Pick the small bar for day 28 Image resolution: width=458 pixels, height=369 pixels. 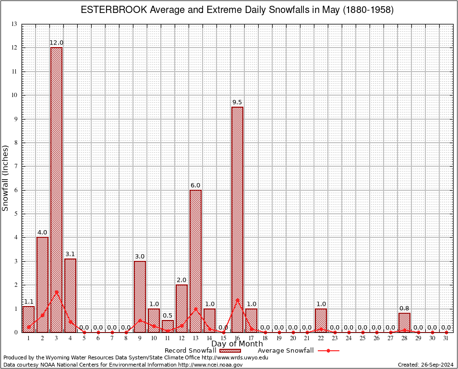click(404, 323)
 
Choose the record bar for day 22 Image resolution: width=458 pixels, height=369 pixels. click(321, 320)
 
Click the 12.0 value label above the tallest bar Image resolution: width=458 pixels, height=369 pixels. click(56, 43)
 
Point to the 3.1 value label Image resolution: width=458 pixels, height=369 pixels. click(70, 254)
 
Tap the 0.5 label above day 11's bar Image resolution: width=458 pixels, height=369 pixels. click(168, 316)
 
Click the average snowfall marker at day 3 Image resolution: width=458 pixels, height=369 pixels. click(56, 292)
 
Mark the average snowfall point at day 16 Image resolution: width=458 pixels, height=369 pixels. click(237, 300)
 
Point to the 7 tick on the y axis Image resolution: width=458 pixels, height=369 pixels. click(15, 166)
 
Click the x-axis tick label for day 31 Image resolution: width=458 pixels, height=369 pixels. click(446, 339)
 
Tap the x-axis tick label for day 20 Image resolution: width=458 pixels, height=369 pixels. click(293, 339)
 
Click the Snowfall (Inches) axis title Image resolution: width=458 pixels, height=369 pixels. click(6, 178)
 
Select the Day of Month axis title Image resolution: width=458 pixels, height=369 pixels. click(237, 344)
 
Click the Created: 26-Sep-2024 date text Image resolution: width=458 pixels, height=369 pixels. click(425, 365)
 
